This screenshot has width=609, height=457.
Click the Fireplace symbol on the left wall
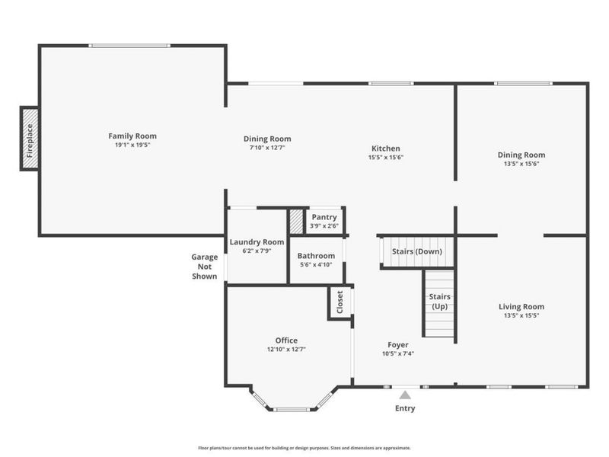point(30,139)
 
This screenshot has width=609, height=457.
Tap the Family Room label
point(132,136)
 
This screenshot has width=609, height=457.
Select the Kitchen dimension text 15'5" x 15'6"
point(386,158)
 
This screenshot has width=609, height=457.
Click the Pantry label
point(324,217)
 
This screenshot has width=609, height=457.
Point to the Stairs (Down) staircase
point(416,252)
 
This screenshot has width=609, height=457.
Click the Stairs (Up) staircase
point(439,304)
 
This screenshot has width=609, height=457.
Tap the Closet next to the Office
point(340,302)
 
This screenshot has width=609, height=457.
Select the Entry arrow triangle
point(405,395)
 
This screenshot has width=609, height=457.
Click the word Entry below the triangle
point(405,408)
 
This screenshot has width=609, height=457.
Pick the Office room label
point(286,340)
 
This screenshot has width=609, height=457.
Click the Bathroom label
point(316,256)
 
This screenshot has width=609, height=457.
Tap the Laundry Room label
point(257,242)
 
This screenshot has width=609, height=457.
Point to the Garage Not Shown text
point(204,267)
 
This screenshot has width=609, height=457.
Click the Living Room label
point(521,307)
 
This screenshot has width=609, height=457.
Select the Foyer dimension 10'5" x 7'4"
point(398,353)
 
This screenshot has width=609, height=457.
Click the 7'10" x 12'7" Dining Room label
point(267,148)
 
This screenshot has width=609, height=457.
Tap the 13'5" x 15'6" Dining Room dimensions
point(521,164)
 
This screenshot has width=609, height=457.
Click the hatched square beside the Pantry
point(296,222)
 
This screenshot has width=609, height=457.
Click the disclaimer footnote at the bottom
point(304,448)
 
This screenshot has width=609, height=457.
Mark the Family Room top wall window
point(129,46)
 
